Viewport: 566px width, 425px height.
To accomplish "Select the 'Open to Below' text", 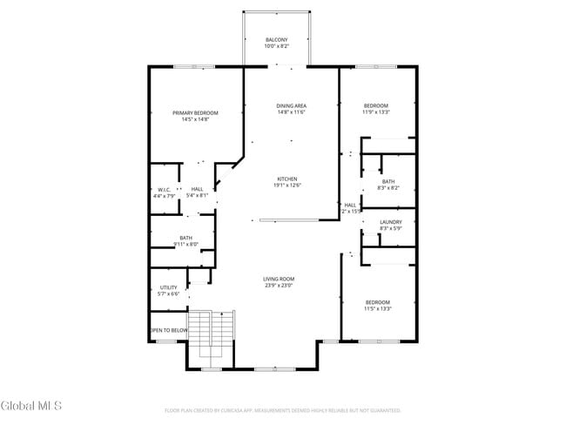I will click(169, 330).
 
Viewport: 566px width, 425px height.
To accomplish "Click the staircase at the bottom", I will click(212, 339).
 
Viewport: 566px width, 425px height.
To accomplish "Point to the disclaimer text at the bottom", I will click(282, 409).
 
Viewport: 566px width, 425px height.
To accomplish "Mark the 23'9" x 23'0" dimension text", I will click(279, 285).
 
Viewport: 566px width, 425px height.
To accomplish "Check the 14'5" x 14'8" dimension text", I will click(195, 119).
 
